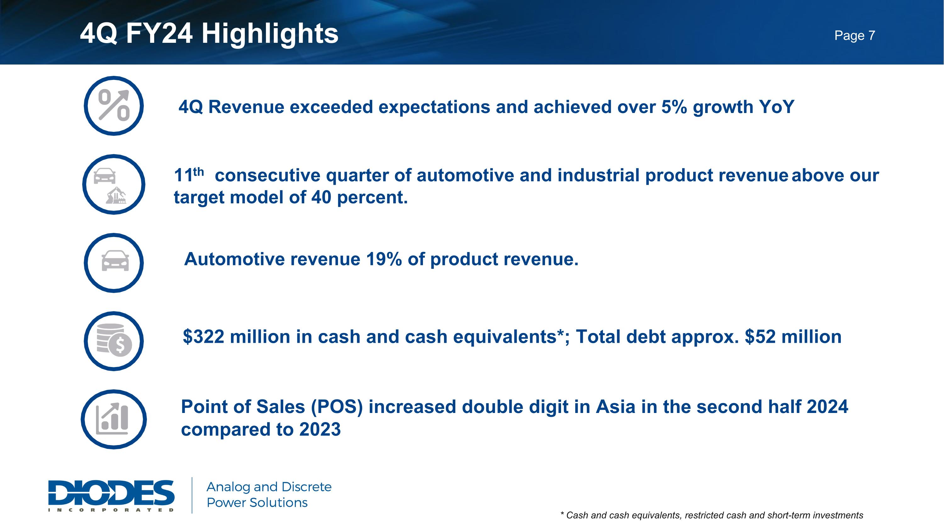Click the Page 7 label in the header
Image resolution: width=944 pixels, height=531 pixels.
[855, 36]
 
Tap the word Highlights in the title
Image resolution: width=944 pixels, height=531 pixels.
[270, 33]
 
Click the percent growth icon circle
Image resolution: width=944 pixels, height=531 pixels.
[114, 106]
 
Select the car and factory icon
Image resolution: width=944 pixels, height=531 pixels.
[114, 184]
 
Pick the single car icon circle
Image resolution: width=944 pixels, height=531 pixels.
[114, 263]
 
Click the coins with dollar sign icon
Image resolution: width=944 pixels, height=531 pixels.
[114, 341]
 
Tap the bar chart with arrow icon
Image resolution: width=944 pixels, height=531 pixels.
[114, 419]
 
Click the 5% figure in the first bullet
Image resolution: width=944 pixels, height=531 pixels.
[674, 107]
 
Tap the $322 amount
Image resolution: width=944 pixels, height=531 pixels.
[203, 336]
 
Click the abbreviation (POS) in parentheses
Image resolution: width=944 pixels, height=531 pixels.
[336, 407]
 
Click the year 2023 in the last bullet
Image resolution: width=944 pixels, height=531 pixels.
[320, 430]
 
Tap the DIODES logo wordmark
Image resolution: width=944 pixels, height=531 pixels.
[111, 492]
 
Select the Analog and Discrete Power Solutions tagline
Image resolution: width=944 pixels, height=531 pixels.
[269, 495]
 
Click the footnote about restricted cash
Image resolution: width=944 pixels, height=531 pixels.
[712, 515]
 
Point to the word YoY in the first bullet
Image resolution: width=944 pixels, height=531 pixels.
[777, 107]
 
